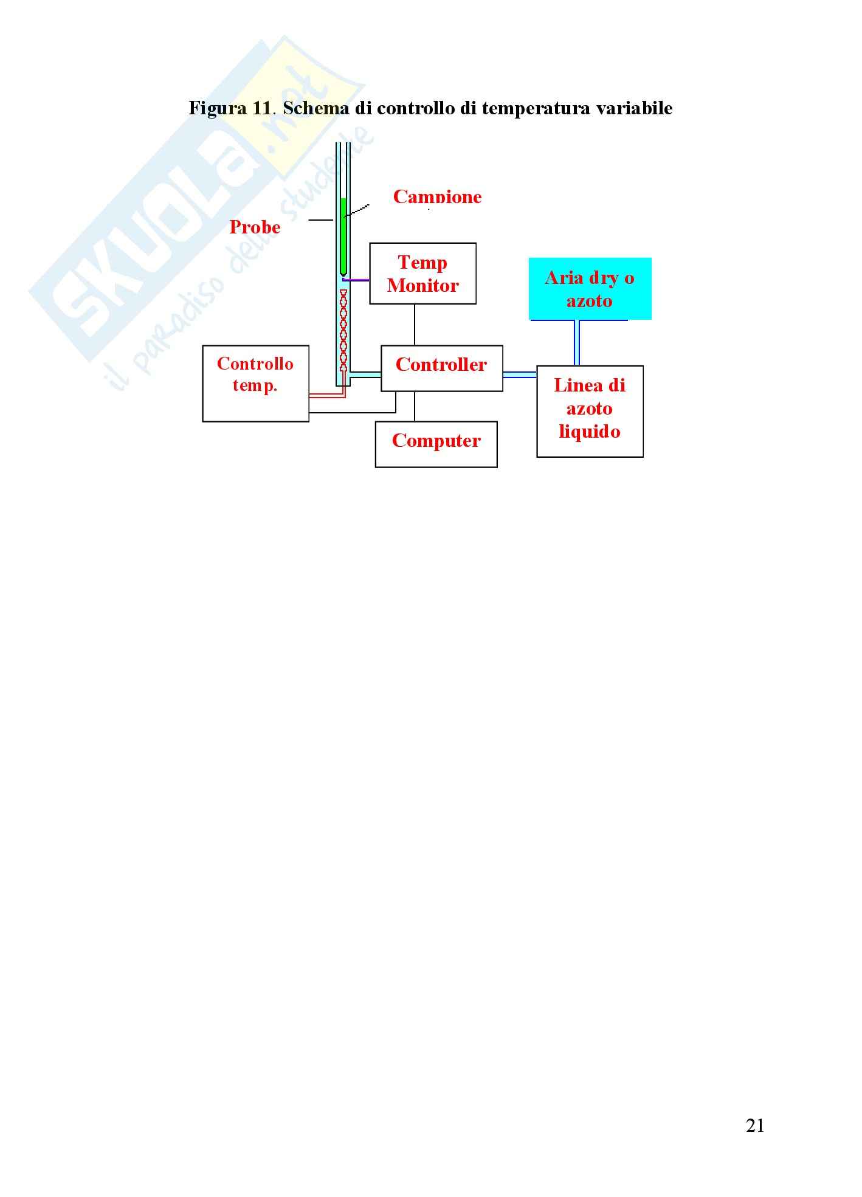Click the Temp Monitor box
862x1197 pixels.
[422, 274]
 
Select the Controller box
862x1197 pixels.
[441, 368]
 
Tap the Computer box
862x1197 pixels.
[436, 444]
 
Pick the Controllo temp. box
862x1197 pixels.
[255, 383]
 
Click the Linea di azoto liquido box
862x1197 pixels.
[590, 411]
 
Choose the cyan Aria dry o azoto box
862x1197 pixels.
[590, 289]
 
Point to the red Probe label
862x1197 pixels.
[255, 227]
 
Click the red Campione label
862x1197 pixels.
[437, 197]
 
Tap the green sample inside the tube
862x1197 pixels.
[343, 234]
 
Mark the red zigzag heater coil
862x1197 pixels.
[343, 331]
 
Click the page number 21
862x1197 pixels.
[754, 1126]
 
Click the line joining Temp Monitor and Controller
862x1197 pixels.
[415, 325]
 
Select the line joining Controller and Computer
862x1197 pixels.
[415, 406]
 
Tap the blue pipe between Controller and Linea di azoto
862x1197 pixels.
[519, 374]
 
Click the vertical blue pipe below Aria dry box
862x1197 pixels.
[576, 342]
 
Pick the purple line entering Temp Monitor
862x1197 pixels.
[357, 280]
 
